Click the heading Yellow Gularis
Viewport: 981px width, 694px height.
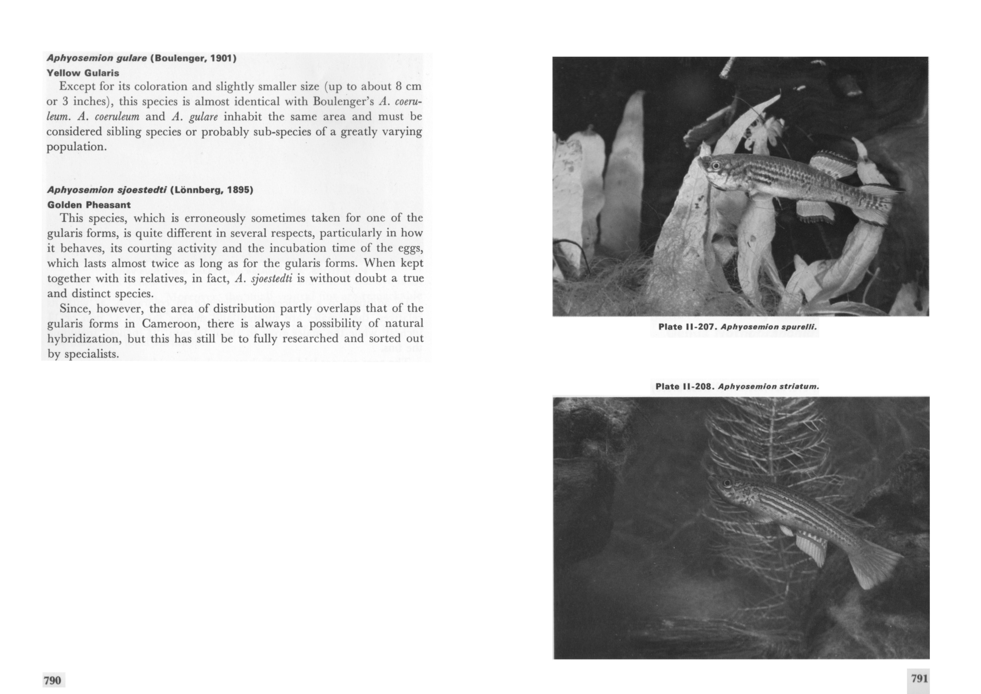tap(83, 73)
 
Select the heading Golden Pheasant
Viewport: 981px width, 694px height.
tap(89, 205)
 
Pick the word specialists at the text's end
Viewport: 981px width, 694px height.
tap(91, 354)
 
